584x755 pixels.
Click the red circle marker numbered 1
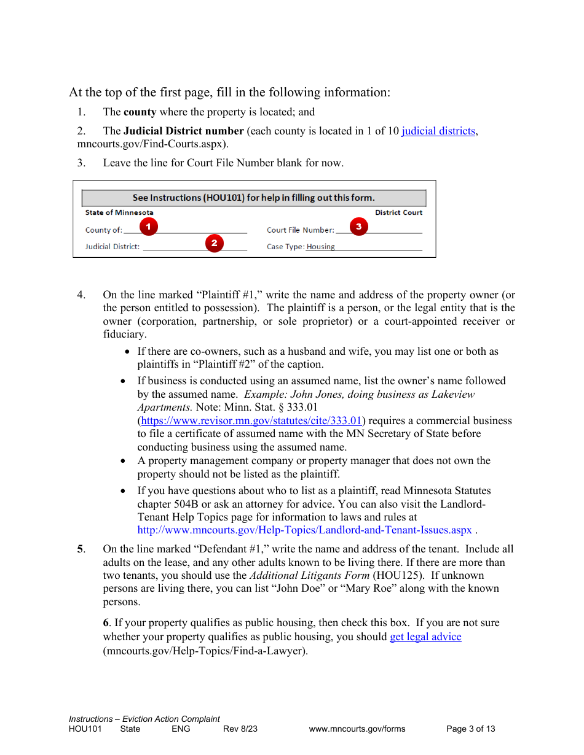tap(148, 226)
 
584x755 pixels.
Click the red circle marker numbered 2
tap(214, 243)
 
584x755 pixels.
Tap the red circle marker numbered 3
tap(358, 226)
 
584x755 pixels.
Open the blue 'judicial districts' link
tap(438, 131)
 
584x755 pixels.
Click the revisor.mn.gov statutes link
tap(251, 420)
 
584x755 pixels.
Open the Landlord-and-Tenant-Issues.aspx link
tap(304, 530)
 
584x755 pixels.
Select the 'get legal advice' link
tap(425, 637)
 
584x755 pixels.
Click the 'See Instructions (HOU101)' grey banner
tap(254, 198)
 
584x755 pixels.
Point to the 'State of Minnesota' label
tap(119, 212)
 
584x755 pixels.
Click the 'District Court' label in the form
tap(398, 212)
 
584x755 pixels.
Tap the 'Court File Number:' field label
tap(301, 230)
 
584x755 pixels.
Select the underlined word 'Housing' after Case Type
tap(320, 247)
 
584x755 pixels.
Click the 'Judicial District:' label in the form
tap(112, 247)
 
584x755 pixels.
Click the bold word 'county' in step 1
tap(140, 112)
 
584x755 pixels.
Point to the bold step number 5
tap(80, 549)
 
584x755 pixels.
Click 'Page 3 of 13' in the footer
tap(470, 729)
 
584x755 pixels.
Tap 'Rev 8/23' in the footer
tap(240, 729)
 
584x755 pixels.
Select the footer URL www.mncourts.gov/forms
tap(357, 729)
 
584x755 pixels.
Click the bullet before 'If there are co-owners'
tap(127, 352)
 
